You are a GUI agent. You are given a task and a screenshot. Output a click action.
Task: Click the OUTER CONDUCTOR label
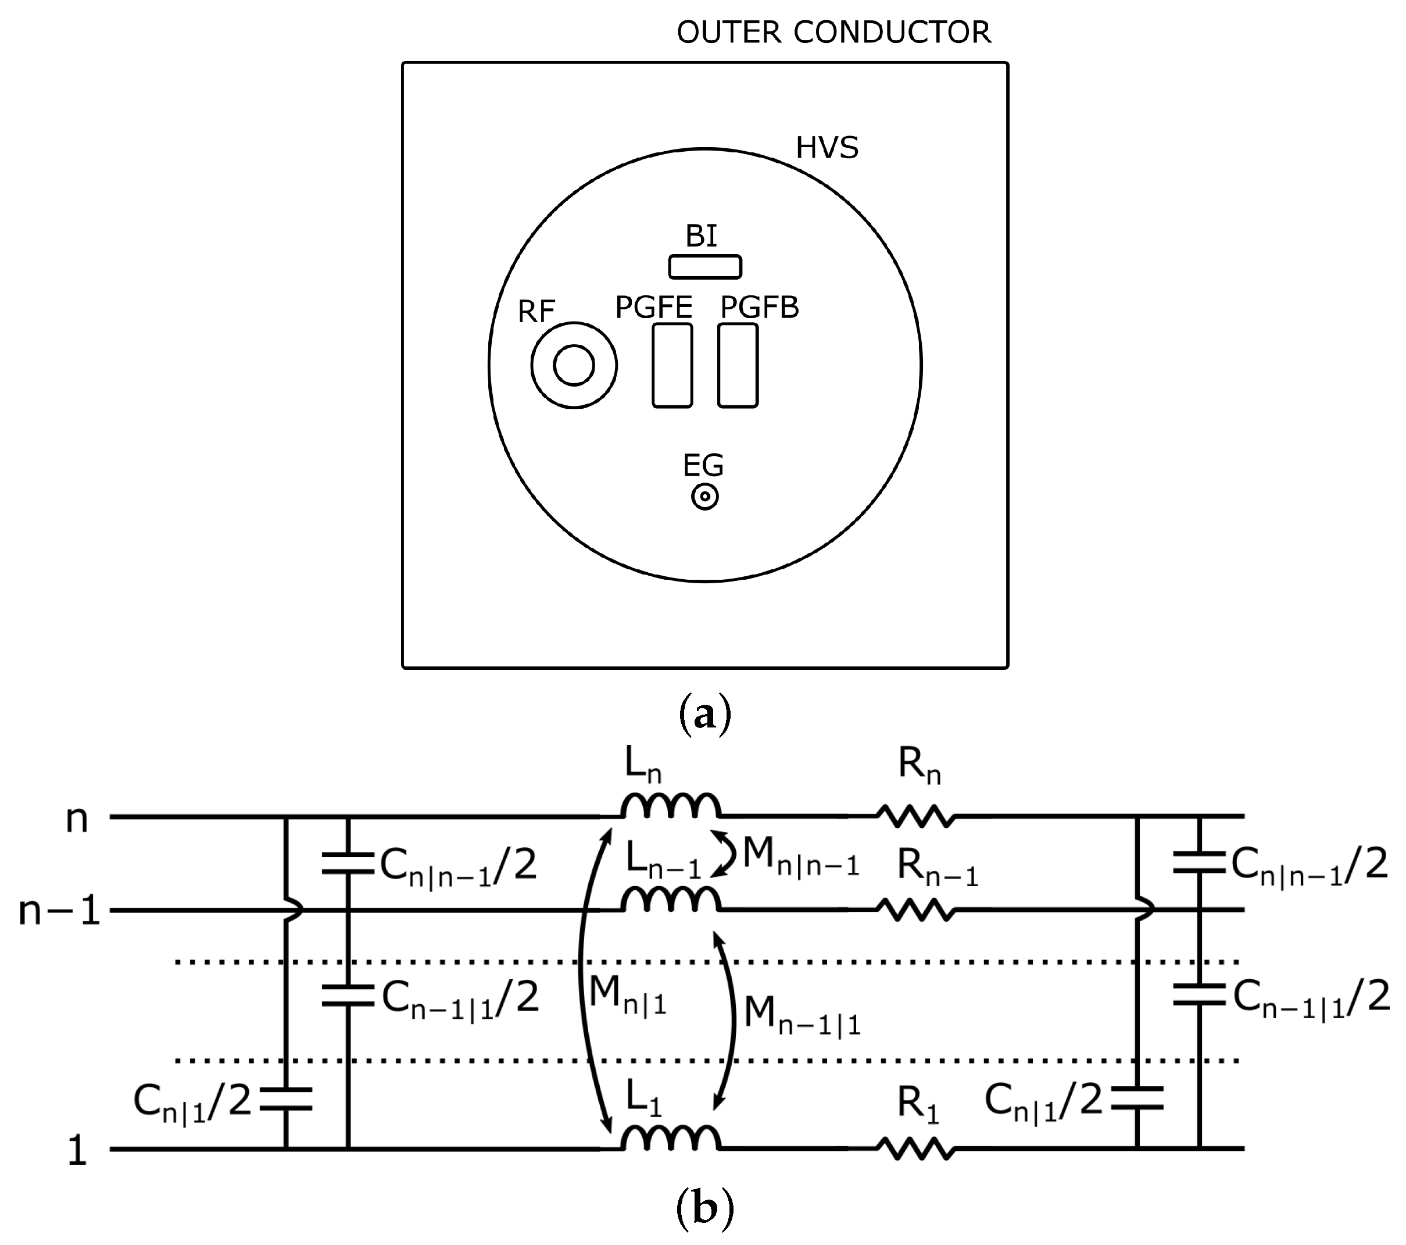(833, 33)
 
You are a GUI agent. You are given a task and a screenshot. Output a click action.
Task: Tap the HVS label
(827, 148)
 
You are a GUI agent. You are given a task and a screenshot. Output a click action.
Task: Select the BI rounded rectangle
(705, 267)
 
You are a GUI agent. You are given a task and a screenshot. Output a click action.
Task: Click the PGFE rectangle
(672, 365)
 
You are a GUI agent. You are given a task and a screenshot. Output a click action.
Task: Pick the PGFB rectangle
(738, 365)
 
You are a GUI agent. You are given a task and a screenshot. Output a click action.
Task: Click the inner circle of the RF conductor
(574, 365)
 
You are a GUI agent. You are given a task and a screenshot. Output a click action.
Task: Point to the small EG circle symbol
(705, 497)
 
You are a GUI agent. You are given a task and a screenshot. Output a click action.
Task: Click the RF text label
(536, 312)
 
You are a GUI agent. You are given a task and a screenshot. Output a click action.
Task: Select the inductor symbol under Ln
(671, 807)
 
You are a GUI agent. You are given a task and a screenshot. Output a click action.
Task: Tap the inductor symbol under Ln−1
(671, 900)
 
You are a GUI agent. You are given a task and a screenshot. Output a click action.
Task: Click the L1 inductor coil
(671, 1139)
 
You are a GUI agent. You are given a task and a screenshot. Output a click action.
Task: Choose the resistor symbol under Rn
(915, 817)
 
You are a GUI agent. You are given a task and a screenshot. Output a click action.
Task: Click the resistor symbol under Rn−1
(915, 911)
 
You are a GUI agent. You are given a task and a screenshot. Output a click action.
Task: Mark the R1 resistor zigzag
(915, 1148)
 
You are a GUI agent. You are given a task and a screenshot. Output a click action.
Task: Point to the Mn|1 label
(627, 996)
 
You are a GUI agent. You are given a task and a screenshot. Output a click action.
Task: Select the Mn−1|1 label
(802, 1016)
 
